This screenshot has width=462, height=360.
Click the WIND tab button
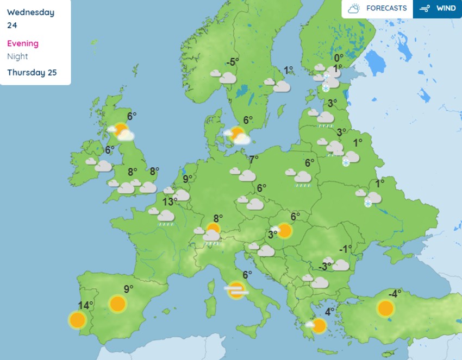pos(438,9)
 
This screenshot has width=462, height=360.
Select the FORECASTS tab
pos(378,9)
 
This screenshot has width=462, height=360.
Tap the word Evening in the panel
pos(23,43)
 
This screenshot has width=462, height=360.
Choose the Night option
pos(17,56)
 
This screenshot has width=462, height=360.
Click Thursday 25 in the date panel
pos(32,73)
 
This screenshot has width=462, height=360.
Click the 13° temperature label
pos(170,202)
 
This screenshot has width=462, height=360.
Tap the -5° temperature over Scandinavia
pos(233,62)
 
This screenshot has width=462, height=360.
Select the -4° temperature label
pos(394,294)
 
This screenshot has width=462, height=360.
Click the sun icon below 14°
pos(77,320)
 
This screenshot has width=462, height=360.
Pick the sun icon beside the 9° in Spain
pos(117,304)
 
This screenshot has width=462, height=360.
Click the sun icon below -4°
pos(385,309)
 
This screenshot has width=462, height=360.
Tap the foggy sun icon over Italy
pos(236,290)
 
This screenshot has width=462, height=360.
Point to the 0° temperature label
pos(339,58)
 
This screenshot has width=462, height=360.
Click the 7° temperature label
pos(254,160)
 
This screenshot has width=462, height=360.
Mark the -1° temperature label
pos(345,249)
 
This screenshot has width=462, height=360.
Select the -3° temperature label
pos(325,266)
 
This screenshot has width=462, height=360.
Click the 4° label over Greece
pos(329,312)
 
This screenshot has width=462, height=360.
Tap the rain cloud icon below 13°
pos(164,216)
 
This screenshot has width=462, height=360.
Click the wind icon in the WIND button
pos(425,9)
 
